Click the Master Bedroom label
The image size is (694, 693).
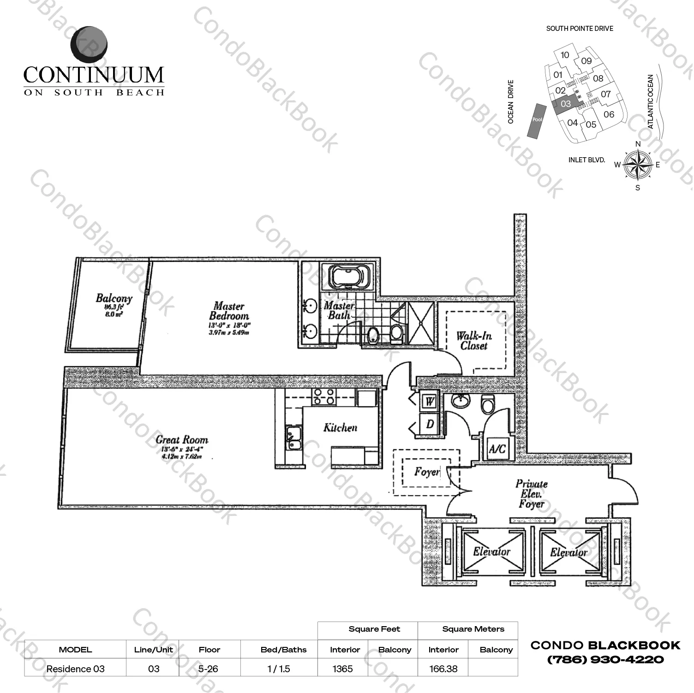coord(229,311)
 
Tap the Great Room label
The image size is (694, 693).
coord(182,440)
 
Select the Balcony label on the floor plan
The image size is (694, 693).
coord(114,298)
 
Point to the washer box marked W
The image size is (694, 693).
coord(430,401)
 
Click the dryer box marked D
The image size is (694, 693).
coord(430,424)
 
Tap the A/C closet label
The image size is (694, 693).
coord(497,449)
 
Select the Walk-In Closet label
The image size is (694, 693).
coord(474,341)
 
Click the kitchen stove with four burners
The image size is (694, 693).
coord(323,397)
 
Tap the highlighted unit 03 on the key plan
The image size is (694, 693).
coord(566,104)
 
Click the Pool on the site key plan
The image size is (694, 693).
coord(537,119)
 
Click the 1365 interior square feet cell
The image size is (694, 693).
coord(342,669)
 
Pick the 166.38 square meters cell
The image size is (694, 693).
coord(443,669)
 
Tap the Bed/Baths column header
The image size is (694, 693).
coord(283,650)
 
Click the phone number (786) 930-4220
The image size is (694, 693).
coord(605,660)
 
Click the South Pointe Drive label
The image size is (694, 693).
coord(580,29)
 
